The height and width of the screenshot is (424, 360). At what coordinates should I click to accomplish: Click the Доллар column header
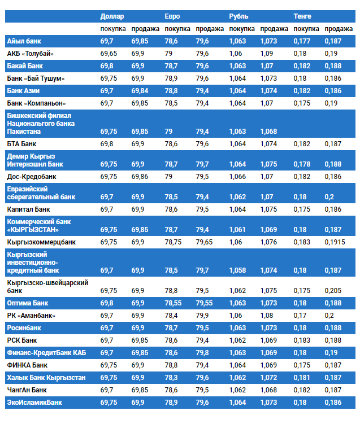112,16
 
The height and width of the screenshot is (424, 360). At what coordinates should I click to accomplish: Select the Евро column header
172,16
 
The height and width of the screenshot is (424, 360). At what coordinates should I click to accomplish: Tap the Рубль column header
238,16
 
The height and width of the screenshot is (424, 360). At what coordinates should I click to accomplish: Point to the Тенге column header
302,16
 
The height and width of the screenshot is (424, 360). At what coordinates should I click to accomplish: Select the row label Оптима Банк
28,303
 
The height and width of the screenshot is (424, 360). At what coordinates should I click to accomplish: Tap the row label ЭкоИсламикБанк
34,403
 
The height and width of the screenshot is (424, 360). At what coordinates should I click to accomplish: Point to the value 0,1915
336,242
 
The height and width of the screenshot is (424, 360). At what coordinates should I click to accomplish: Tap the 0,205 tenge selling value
333,291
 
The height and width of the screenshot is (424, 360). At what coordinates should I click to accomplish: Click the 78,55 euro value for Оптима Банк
173,303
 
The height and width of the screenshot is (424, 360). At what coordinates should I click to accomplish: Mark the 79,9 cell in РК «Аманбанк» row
202,316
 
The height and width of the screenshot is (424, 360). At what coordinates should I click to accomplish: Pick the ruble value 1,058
238,270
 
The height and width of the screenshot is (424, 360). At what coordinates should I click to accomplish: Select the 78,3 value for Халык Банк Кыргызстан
171,378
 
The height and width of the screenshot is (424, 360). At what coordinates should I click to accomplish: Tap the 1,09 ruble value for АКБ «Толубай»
267,54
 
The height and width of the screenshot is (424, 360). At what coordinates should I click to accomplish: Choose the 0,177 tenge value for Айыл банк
302,41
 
